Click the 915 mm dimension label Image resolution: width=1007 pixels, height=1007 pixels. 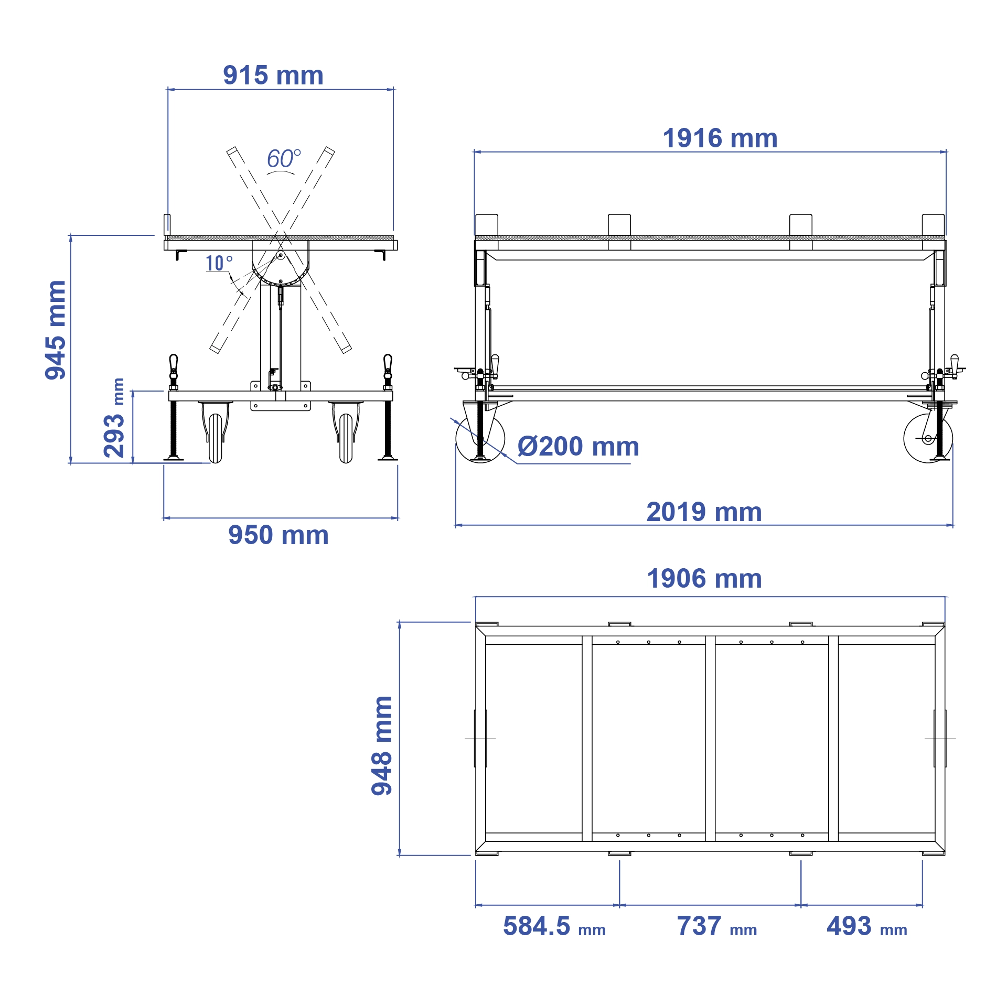(273, 75)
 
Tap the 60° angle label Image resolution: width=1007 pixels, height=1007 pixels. (283, 159)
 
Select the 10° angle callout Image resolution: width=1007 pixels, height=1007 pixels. (218, 263)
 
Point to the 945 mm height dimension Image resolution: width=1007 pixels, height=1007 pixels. (56, 330)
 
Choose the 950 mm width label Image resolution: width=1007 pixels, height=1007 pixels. (278, 535)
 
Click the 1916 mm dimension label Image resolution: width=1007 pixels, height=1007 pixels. (720, 139)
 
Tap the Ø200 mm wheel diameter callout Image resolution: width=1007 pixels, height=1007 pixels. (578, 447)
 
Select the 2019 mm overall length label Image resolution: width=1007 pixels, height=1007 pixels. (704, 512)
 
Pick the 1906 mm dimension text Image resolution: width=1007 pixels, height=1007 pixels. (704, 579)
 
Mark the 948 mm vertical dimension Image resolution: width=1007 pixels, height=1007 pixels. (382, 746)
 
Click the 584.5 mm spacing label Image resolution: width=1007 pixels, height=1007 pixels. (554, 926)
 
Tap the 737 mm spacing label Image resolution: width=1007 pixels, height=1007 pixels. (716, 926)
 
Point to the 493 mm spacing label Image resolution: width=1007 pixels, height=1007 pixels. (866, 926)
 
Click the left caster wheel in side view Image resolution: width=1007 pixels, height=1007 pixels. (480, 439)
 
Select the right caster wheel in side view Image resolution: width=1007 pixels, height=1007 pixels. (928, 439)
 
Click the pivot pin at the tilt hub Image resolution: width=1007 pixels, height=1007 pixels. (281, 256)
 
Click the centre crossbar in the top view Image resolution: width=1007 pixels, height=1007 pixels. (710, 739)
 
